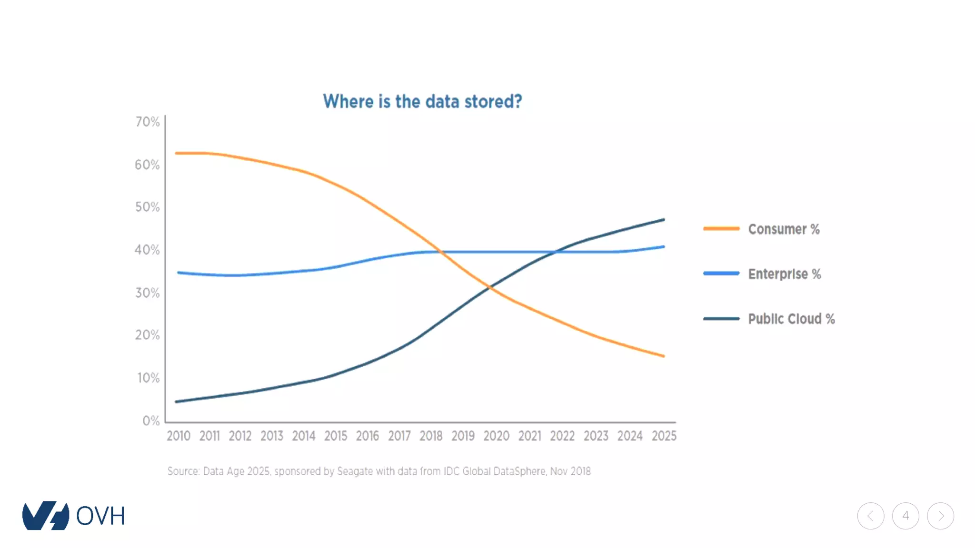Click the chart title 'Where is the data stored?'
(x=422, y=101)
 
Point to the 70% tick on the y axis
(x=148, y=122)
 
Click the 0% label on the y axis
(x=151, y=421)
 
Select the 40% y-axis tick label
(x=147, y=250)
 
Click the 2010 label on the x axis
(x=179, y=436)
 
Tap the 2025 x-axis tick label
(x=664, y=436)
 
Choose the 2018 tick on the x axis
(x=431, y=436)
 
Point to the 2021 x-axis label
(x=529, y=436)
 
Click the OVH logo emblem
(x=46, y=516)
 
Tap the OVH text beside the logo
(x=100, y=516)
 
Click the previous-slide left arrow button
(x=871, y=516)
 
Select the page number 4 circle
(x=905, y=516)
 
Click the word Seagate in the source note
(x=355, y=471)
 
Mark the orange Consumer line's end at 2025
(x=663, y=356)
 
